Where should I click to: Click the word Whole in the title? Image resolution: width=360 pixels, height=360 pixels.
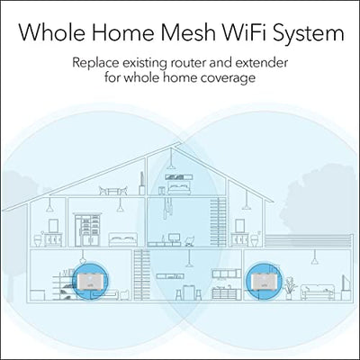coord(51,32)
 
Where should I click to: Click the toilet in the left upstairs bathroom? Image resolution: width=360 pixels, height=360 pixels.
coord(38,240)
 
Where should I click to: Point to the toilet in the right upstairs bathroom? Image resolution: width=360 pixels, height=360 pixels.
coord(254,240)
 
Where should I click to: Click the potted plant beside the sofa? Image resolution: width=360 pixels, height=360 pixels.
coord(289,289)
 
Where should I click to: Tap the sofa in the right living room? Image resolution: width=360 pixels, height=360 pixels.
coord(318,292)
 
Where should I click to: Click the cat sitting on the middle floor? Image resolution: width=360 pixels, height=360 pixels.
coord(189,241)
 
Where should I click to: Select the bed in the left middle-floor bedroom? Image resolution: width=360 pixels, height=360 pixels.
coord(123,239)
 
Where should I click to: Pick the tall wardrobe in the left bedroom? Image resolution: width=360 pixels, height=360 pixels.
coord(87,230)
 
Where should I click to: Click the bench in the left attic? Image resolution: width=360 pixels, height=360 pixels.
coord(113,191)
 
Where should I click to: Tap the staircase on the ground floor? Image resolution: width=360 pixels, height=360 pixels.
coord(142,274)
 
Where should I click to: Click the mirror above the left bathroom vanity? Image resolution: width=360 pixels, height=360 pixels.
coord(53,225)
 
